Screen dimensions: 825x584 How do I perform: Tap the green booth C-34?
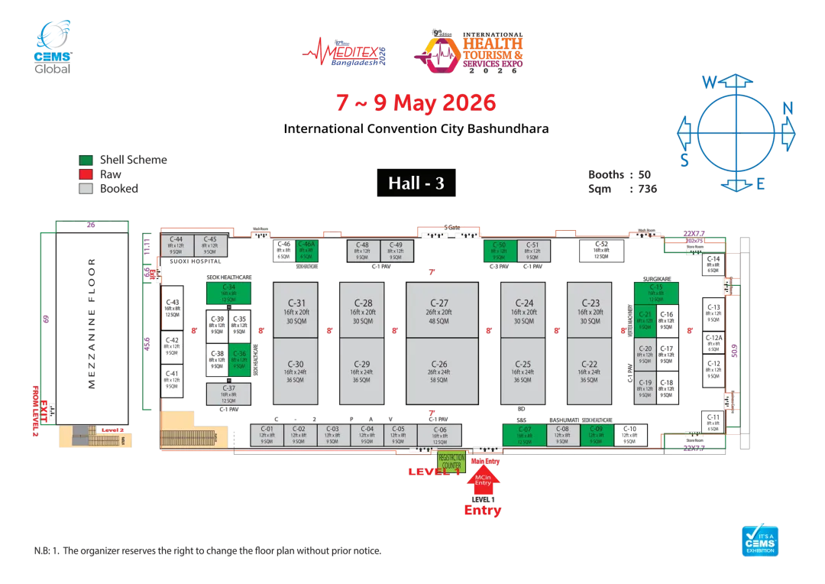[x=228, y=294]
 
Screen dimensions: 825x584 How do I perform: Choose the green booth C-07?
[x=524, y=435]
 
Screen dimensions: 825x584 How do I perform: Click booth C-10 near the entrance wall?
[x=629, y=435]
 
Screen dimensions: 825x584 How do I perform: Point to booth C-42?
[x=173, y=347]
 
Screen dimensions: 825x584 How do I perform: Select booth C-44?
[x=176, y=245]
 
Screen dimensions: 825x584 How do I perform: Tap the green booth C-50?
[x=500, y=251]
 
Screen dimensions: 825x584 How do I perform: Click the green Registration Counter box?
[x=451, y=462]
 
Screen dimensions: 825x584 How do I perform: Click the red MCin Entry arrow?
[x=483, y=482]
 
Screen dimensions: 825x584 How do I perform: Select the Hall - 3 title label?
[x=416, y=183]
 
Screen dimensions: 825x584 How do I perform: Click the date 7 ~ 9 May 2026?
[x=416, y=103]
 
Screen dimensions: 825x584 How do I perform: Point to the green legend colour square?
[x=86, y=161]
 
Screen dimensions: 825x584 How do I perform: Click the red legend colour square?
[x=86, y=174]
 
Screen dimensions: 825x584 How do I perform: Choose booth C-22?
[x=590, y=371]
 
